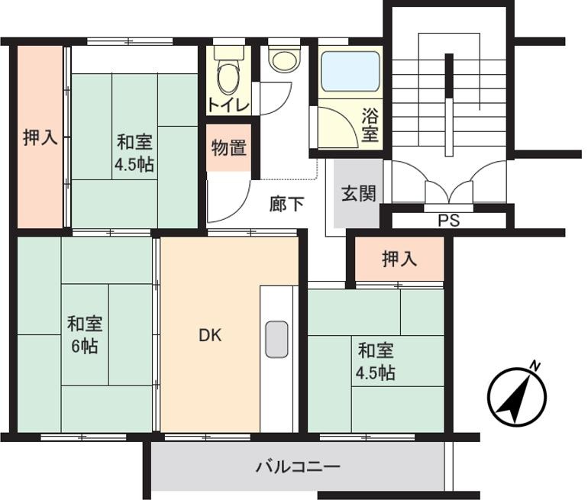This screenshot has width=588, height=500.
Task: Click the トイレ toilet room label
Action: [x=228, y=106]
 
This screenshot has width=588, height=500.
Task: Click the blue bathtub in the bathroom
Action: [x=351, y=71]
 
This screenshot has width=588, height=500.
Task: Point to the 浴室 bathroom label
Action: [x=370, y=125]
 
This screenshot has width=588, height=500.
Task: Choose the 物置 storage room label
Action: [x=229, y=147]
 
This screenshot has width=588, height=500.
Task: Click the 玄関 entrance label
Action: [x=358, y=194]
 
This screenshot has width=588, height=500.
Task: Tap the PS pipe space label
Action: [x=449, y=221]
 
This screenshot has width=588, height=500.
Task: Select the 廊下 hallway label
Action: [x=286, y=205]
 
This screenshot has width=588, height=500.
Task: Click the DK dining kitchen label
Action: [x=210, y=335]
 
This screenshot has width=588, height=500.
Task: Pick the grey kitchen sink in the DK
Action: [x=276, y=339]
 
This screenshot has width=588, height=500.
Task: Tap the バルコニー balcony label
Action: [x=298, y=467]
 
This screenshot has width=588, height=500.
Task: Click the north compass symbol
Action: [x=517, y=395]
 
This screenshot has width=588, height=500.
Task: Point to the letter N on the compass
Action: [x=536, y=366]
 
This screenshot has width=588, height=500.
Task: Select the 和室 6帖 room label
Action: [x=85, y=335]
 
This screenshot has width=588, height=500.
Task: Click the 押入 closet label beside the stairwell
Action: [x=399, y=259]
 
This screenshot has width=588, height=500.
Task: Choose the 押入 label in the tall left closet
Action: [x=40, y=137]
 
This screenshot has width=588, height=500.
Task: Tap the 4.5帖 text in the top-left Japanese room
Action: [x=134, y=164]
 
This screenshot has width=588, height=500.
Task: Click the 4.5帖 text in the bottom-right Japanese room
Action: [x=376, y=373]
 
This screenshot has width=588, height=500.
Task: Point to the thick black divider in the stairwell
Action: [x=449, y=105]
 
